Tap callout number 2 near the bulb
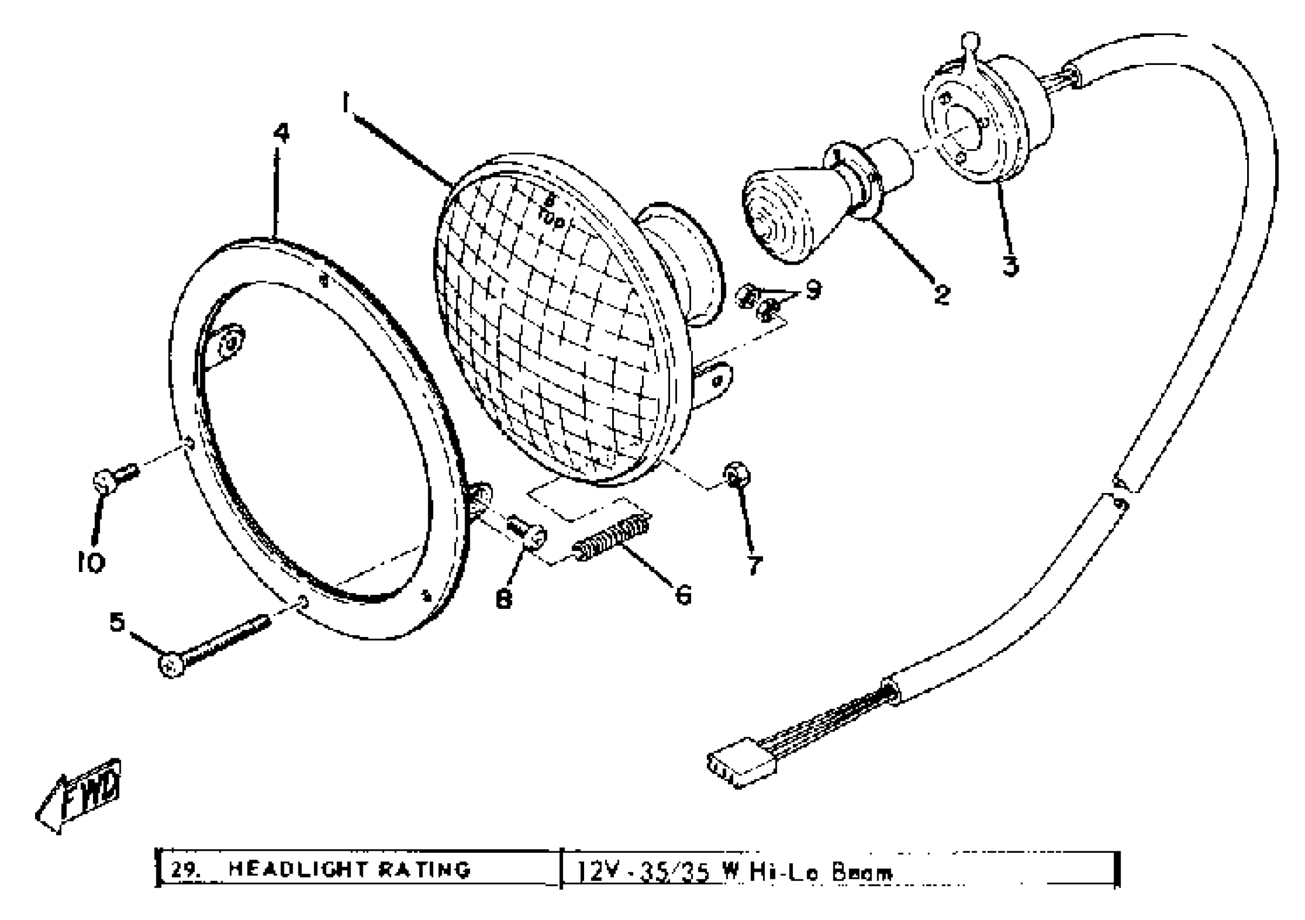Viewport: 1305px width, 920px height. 942,294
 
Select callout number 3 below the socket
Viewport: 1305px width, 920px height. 1010,265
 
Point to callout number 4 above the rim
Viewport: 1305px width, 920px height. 281,133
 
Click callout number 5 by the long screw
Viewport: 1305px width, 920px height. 117,622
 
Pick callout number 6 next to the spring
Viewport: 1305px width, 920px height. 683,595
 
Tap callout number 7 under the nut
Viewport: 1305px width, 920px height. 754,565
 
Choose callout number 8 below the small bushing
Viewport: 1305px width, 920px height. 504,598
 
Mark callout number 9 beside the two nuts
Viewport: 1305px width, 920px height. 814,290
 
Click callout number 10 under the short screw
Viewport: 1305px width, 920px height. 91,563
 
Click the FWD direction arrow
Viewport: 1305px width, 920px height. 80,795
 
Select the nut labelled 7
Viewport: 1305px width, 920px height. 736,475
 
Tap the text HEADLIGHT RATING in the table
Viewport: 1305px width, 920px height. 349,869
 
